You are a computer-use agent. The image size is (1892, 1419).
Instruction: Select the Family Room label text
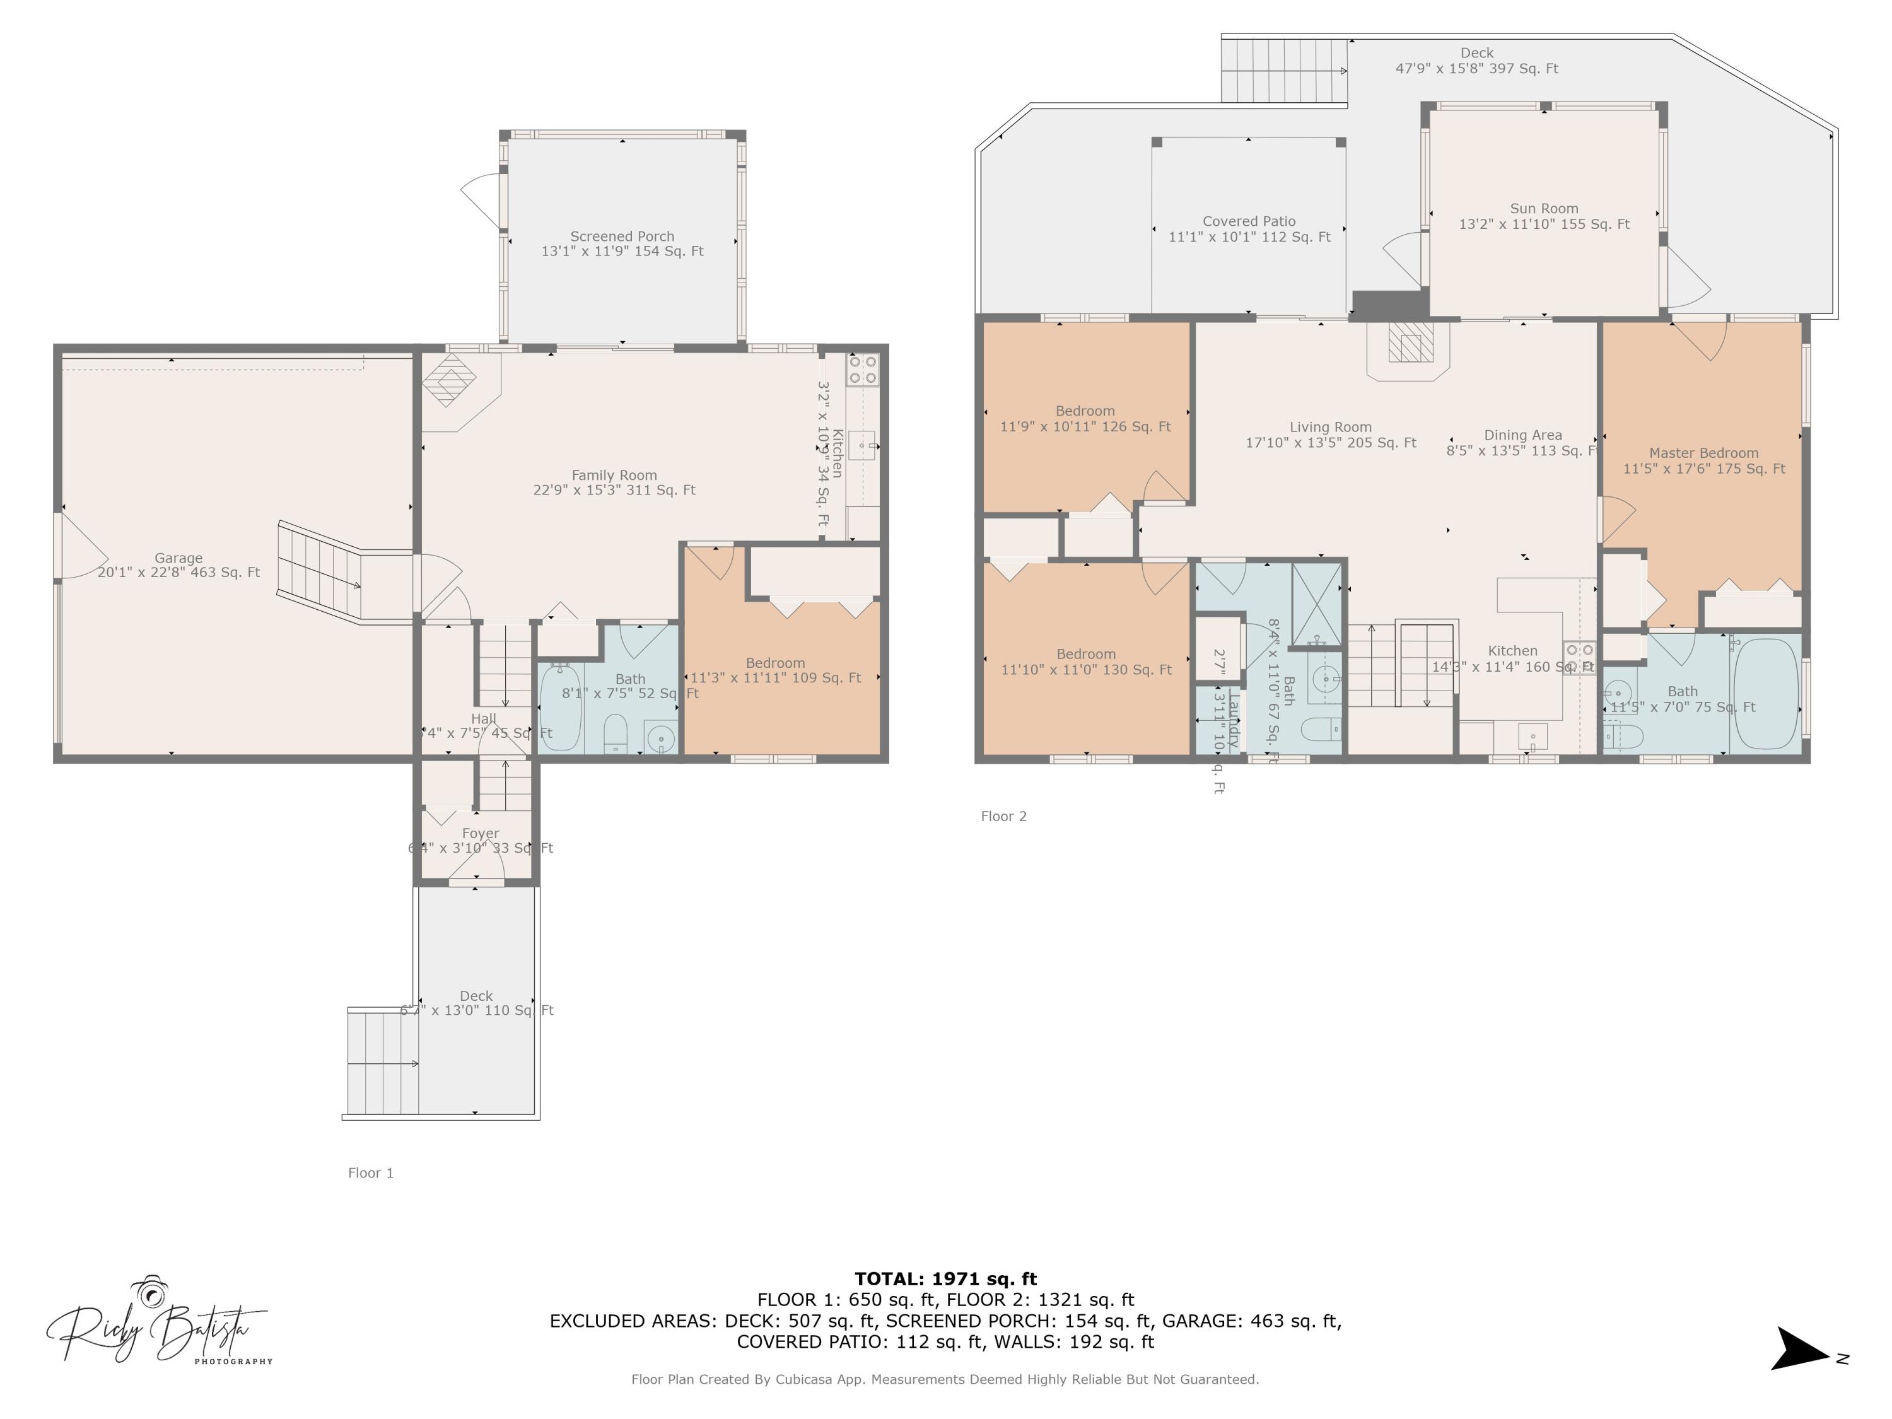click(614, 476)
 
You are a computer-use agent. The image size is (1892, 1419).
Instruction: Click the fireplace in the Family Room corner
click(452, 382)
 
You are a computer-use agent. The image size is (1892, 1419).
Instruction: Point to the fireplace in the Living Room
click(1408, 344)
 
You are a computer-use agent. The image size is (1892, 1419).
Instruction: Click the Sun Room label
click(1544, 209)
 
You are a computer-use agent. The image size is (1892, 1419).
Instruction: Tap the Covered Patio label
click(1249, 221)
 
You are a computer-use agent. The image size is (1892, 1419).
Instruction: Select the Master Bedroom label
click(1704, 453)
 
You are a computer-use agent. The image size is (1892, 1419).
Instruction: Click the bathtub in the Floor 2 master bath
click(1765, 694)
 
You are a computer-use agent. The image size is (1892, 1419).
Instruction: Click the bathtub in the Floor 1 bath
click(560, 708)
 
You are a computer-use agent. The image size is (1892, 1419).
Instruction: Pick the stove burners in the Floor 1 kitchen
click(862, 370)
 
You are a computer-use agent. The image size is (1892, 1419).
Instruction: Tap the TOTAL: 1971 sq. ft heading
click(945, 1280)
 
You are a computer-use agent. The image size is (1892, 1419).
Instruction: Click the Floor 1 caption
click(370, 1172)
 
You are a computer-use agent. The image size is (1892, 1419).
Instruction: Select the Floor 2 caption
click(1003, 816)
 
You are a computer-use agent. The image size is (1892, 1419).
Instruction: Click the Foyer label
click(480, 833)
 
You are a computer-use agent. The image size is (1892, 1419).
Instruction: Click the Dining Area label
click(1522, 435)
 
